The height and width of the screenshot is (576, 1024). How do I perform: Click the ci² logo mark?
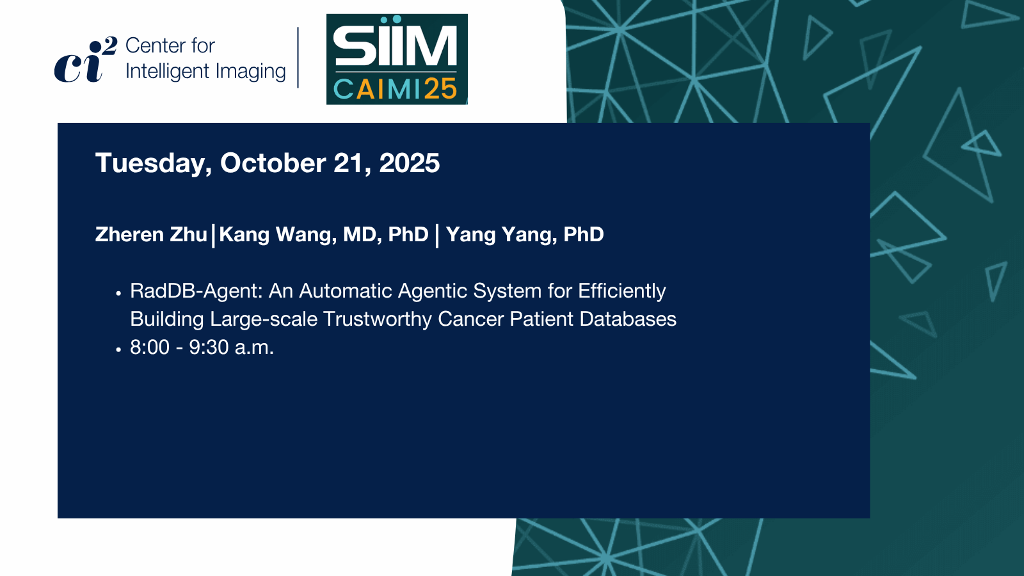pyautogui.click(x=86, y=60)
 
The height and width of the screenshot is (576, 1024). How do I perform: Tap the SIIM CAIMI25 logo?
pyautogui.click(x=397, y=60)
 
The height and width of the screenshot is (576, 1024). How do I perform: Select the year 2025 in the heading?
pyautogui.click(x=409, y=163)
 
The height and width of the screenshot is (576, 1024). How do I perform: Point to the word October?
pyautogui.click(x=273, y=163)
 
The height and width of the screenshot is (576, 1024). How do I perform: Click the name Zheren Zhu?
pyautogui.click(x=151, y=234)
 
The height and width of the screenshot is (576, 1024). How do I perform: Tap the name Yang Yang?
pyautogui.click(x=501, y=235)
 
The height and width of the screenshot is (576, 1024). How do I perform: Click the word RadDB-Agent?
pyautogui.click(x=196, y=291)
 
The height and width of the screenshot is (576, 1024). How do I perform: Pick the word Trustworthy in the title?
pyautogui.click(x=377, y=319)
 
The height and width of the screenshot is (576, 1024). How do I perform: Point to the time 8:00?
pyautogui.click(x=150, y=347)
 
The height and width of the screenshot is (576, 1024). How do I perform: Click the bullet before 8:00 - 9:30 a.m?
pyautogui.click(x=118, y=349)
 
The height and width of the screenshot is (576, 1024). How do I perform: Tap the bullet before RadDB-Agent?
pyautogui.click(x=118, y=293)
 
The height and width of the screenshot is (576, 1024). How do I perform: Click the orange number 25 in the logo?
pyautogui.click(x=440, y=89)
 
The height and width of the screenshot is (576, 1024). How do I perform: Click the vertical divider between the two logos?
pyautogui.click(x=298, y=57)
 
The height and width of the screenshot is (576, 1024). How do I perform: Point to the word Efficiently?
pyautogui.click(x=621, y=292)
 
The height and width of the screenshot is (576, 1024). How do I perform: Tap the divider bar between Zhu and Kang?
pyautogui.click(x=214, y=236)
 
